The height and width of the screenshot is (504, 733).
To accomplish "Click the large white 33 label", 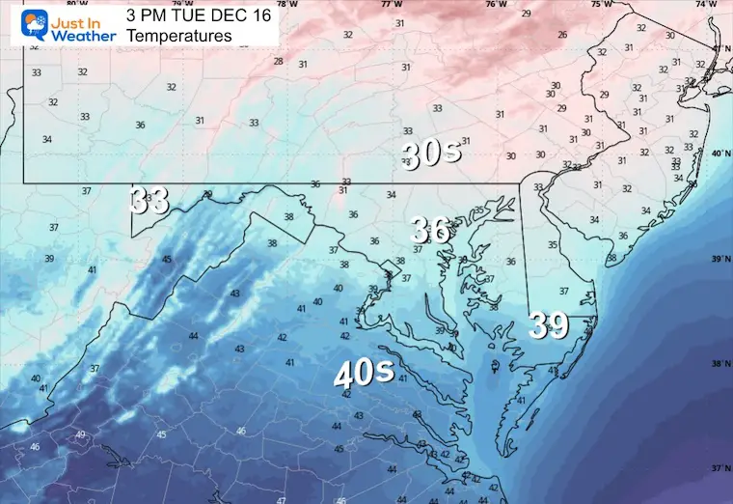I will pyautogui.click(x=149, y=201).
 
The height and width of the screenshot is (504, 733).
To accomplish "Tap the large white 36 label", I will pyautogui.click(x=430, y=230).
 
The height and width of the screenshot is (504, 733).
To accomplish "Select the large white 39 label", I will pyautogui.click(x=549, y=326).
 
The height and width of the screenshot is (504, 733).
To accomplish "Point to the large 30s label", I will pyautogui.click(x=432, y=154).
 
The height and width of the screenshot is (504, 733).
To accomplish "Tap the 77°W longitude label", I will pyautogui.click(x=391, y=5).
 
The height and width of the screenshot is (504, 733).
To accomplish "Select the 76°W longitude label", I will pyautogui.click(x=496, y=5).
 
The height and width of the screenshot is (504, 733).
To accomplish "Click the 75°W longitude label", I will pyautogui.click(x=601, y=5).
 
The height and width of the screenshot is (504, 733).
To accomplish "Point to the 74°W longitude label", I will pyautogui.click(x=707, y=5).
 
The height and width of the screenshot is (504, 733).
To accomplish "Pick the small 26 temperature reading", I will pyautogui.click(x=562, y=35).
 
